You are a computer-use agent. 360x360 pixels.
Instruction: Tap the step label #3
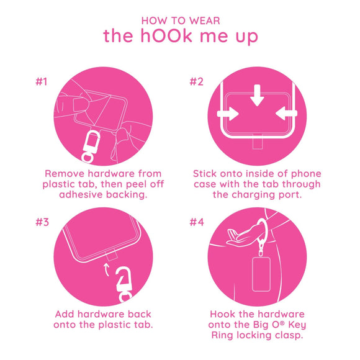(x=41, y=223)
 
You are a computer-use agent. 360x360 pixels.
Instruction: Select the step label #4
(x=197, y=223)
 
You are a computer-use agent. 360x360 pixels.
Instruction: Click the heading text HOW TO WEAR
(x=180, y=20)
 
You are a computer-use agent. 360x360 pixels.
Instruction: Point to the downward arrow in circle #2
(x=256, y=97)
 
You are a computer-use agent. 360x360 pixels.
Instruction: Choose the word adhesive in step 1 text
(x=82, y=195)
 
